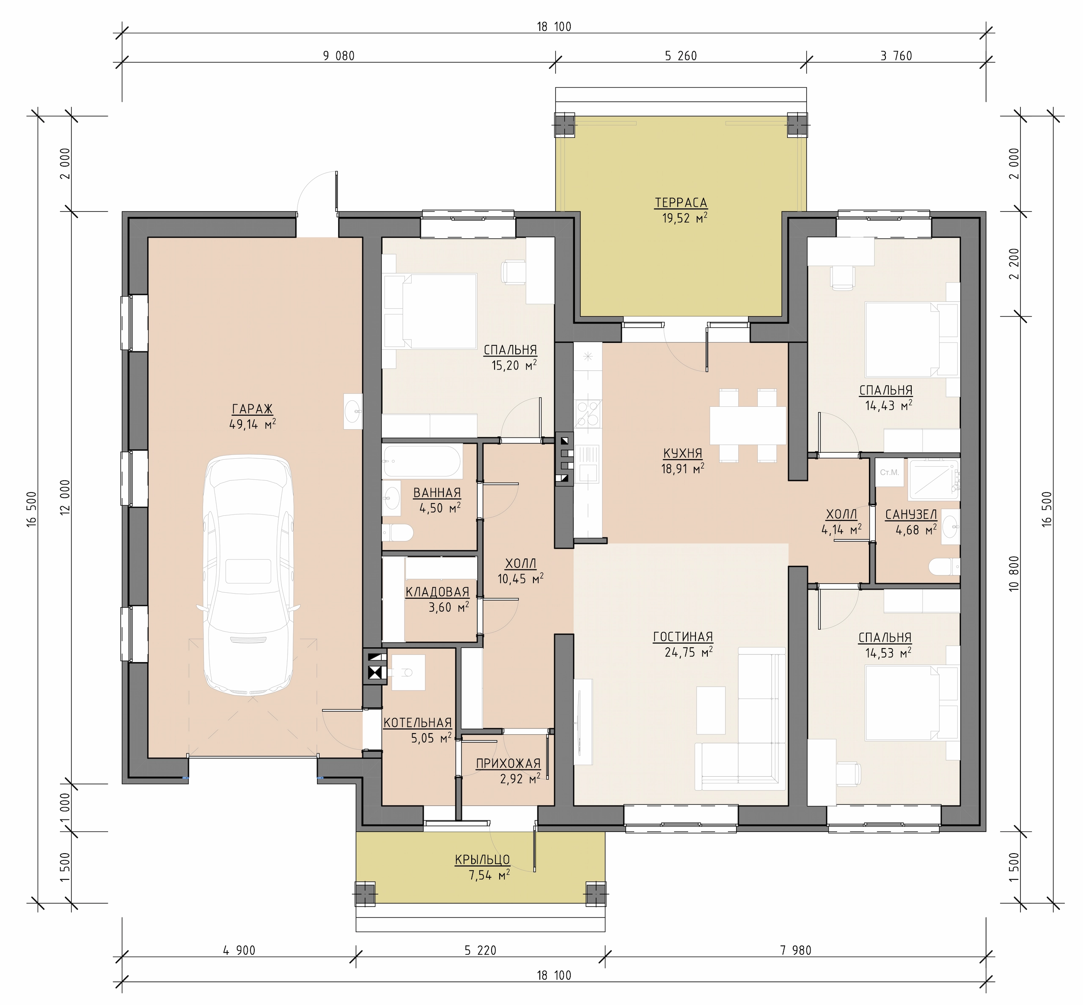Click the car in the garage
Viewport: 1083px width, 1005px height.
249,572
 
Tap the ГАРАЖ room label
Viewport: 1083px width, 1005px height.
252,409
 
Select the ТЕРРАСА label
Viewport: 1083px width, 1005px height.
681,203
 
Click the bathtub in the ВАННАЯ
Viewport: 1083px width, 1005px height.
422,462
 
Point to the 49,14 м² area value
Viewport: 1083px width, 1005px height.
253,424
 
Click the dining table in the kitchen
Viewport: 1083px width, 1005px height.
747,425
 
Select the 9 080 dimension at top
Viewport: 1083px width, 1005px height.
338,56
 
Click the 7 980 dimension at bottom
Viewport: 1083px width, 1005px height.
796,950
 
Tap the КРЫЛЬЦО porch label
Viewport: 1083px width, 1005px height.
482,860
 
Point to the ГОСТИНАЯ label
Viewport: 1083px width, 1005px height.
683,637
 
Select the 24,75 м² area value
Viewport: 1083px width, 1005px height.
688,652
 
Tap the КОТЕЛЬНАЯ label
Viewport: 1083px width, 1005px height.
418,723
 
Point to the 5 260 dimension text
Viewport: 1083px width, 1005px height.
681,56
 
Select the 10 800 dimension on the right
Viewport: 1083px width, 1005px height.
1013,573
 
